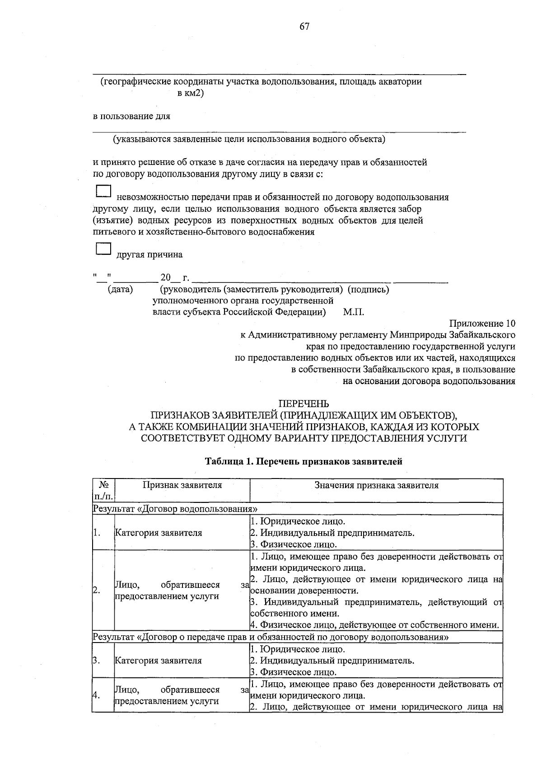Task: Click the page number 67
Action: pyautogui.click(x=304, y=27)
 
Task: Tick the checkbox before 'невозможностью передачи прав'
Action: pyautogui.click(x=103, y=192)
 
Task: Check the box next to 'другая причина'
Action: pyautogui.click(x=103, y=249)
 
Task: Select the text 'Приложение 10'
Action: pyautogui.click(x=482, y=324)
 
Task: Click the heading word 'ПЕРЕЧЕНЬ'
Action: pyautogui.click(x=304, y=404)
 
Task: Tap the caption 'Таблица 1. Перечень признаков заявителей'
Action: pyautogui.click(x=304, y=462)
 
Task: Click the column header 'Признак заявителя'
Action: pyautogui.click(x=182, y=485)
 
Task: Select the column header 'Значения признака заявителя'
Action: pyautogui.click(x=376, y=485)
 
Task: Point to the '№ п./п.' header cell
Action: pyautogui.click(x=103, y=491)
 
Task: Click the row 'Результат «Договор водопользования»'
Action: pyautogui.click(x=178, y=509)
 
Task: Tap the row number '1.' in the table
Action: pyautogui.click(x=96, y=533)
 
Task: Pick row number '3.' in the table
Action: pyautogui.click(x=96, y=661)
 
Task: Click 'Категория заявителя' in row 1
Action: pyautogui.click(x=159, y=533)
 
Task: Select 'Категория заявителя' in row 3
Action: pyautogui.click(x=159, y=661)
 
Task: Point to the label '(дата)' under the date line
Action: pyautogui.click(x=120, y=289)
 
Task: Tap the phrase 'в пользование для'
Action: pyautogui.click(x=131, y=116)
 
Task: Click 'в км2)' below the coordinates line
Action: pyautogui.click(x=191, y=94)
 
